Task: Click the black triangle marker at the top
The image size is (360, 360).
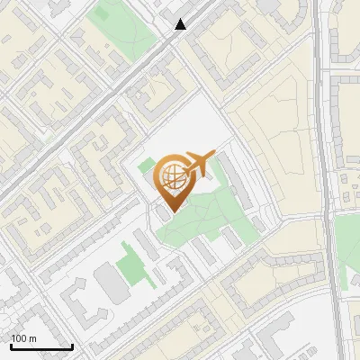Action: (181, 24)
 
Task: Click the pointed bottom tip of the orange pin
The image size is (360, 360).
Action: (172, 211)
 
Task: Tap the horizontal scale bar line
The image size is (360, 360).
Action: (41, 346)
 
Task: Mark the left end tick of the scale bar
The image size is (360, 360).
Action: (11, 345)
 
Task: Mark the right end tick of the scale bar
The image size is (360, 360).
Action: (72, 345)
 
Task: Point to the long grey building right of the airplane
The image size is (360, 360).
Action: (236, 175)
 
